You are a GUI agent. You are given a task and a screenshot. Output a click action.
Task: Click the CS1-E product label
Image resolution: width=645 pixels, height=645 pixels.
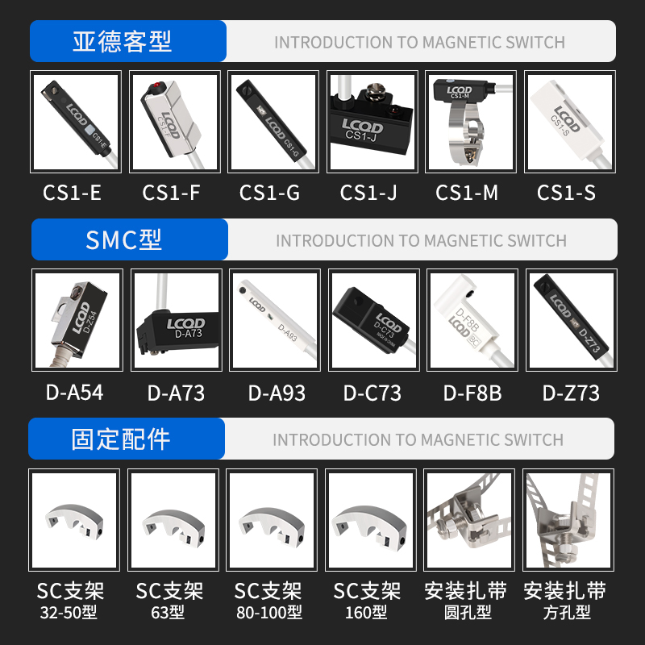point(72,193)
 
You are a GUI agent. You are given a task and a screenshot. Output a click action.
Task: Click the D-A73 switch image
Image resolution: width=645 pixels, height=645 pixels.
point(176,320)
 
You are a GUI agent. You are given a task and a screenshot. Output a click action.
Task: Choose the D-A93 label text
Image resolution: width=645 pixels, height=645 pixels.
point(276,393)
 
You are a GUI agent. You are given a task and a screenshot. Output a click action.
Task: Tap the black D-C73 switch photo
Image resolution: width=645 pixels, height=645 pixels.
point(373,320)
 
